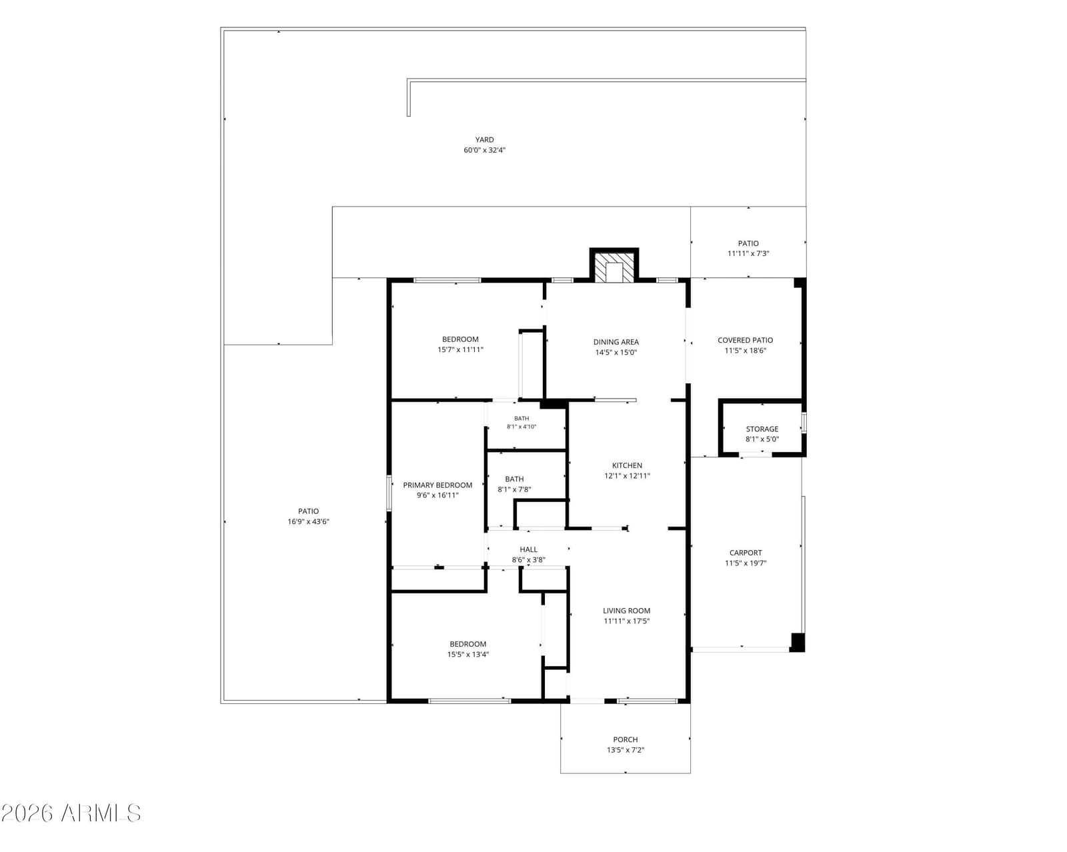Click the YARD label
[x=484, y=140]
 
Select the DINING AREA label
[x=616, y=342]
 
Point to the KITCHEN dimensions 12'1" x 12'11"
[x=627, y=476]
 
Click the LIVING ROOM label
[x=626, y=611]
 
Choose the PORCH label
[x=626, y=739]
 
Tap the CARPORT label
[x=745, y=553]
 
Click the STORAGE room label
[x=762, y=429]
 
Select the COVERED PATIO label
[x=745, y=340]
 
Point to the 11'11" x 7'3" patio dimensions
[x=748, y=253]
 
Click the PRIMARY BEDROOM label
[x=437, y=485]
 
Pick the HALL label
[x=529, y=549]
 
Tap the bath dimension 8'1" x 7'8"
[x=514, y=489]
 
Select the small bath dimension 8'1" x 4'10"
[x=521, y=426]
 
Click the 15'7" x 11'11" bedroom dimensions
[x=460, y=349]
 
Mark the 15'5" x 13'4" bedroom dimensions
[x=467, y=654]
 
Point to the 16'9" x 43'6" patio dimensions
[x=308, y=521]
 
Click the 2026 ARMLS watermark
[x=71, y=813]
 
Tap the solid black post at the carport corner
[x=797, y=642]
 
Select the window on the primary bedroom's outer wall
[x=389, y=493]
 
